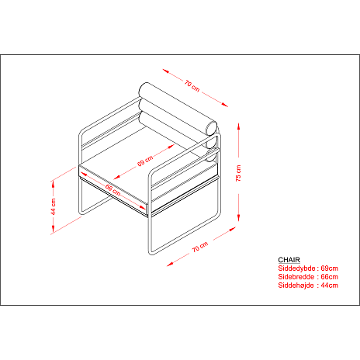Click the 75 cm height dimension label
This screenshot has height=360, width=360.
tap(238, 173)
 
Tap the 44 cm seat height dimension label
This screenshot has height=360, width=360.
tap(54, 206)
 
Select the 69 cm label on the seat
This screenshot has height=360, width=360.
tap(145, 161)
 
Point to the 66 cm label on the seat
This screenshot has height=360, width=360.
tap(112, 189)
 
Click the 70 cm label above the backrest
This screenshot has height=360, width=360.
tap(192, 86)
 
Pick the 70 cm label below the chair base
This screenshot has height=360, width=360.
tap(200, 247)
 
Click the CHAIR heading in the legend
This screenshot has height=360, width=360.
tap(289, 260)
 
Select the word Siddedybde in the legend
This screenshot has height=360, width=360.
tap(296, 268)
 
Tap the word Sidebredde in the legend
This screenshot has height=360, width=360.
tap(296, 277)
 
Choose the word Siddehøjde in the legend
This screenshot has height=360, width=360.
tap(296, 286)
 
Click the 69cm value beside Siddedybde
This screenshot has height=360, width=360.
tap(329, 268)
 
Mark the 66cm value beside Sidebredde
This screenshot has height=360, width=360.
tap(329, 277)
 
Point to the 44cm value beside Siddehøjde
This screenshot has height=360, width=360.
tap(329, 286)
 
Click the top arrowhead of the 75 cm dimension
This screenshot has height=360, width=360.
tap(238, 126)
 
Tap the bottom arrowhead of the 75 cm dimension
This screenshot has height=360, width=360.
tap(238, 218)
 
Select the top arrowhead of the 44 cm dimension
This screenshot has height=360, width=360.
tap(54, 184)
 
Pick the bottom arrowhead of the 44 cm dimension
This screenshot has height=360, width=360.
tap(54, 229)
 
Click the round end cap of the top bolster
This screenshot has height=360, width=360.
tap(212, 128)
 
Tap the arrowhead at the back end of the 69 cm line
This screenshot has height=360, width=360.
tap(171, 147)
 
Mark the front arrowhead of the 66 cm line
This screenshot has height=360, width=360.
tap(142, 207)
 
